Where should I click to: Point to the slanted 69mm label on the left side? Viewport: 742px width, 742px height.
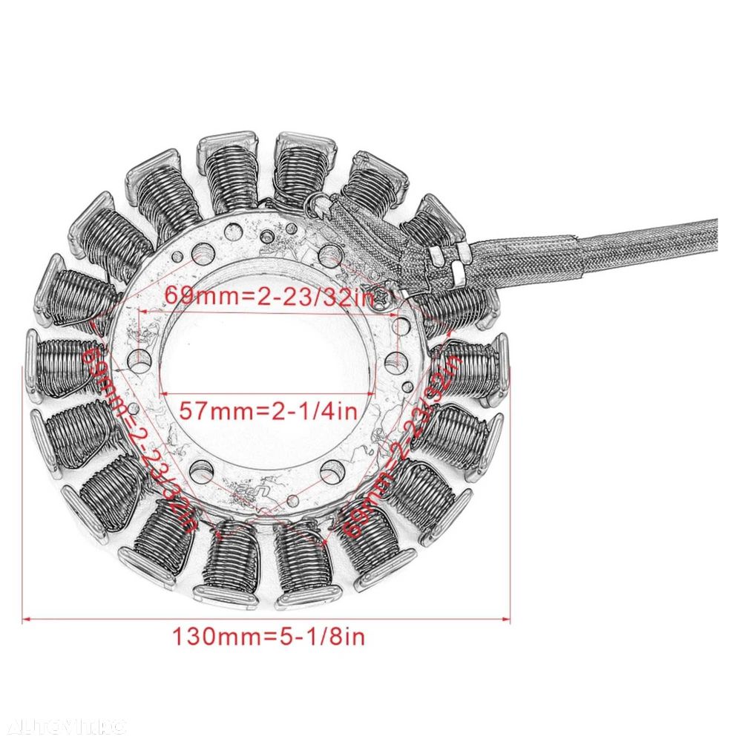coord(139,438)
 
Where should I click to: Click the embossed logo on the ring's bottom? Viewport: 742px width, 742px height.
coord(245,490)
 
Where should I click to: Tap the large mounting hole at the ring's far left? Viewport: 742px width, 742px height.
coord(139,361)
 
